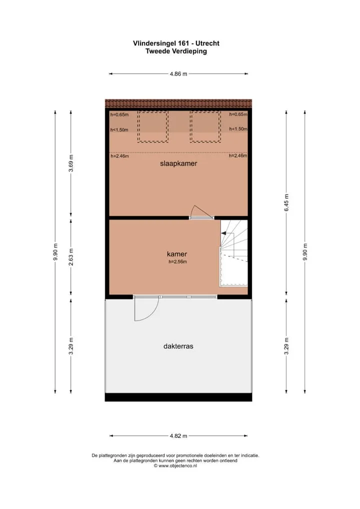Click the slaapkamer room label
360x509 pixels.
pyautogui.click(x=178, y=163)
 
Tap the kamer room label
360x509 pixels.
pyautogui.click(x=177, y=254)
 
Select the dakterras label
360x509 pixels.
pyautogui.click(x=178, y=346)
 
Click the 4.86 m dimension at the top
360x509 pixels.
pyautogui.click(x=178, y=74)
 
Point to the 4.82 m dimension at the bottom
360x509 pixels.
pyautogui.click(x=178, y=436)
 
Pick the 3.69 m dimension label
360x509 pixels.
pyautogui.click(x=71, y=163)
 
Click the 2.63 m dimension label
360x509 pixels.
pyautogui.click(x=71, y=257)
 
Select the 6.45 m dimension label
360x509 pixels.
pyautogui.click(x=286, y=202)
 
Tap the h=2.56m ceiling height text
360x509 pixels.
pyautogui.click(x=177, y=262)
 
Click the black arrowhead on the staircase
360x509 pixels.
pyautogui.click(x=223, y=233)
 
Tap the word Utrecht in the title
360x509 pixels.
pyautogui.click(x=208, y=43)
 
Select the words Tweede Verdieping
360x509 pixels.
pyautogui.click(x=176, y=51)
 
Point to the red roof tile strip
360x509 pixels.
pyautogui.click(x=178, y=103)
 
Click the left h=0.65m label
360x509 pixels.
pyautogui.click(x=119, y=114)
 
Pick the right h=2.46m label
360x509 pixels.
pyautogui.click(x=238, y=156)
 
